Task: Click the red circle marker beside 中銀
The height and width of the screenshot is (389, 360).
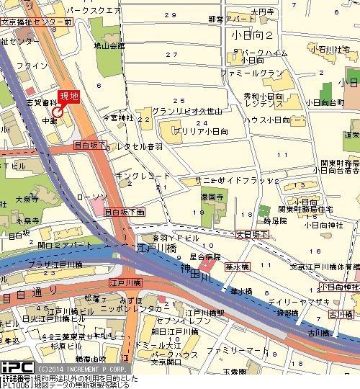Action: click(57, 112)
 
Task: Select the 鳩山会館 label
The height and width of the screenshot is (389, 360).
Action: click(109, 45)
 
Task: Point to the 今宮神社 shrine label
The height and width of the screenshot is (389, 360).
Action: click(118, 116)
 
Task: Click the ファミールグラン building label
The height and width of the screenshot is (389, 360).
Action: click(252, 73)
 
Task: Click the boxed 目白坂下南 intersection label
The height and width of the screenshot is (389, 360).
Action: click(125, 213)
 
